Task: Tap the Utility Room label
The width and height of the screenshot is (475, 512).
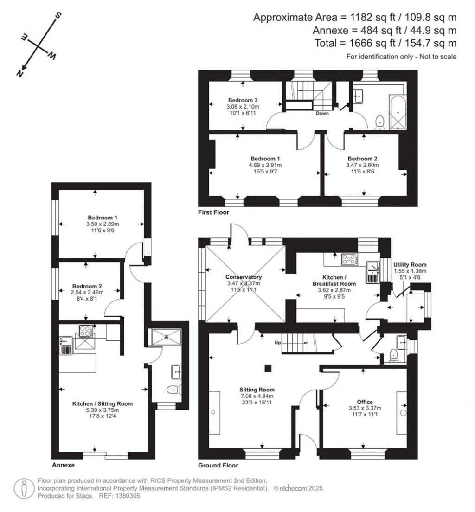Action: click(410, 264)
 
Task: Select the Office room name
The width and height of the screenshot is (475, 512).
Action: click(365, 402)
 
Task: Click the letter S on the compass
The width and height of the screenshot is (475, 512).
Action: click(58, 16)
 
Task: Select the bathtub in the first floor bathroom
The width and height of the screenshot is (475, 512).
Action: click(398, 113)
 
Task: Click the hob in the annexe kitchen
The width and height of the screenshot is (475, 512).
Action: click(85, 331)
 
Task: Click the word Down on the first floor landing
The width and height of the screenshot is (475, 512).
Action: click(323, 113)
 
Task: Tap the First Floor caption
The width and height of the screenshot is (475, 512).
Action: click(213, 212)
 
